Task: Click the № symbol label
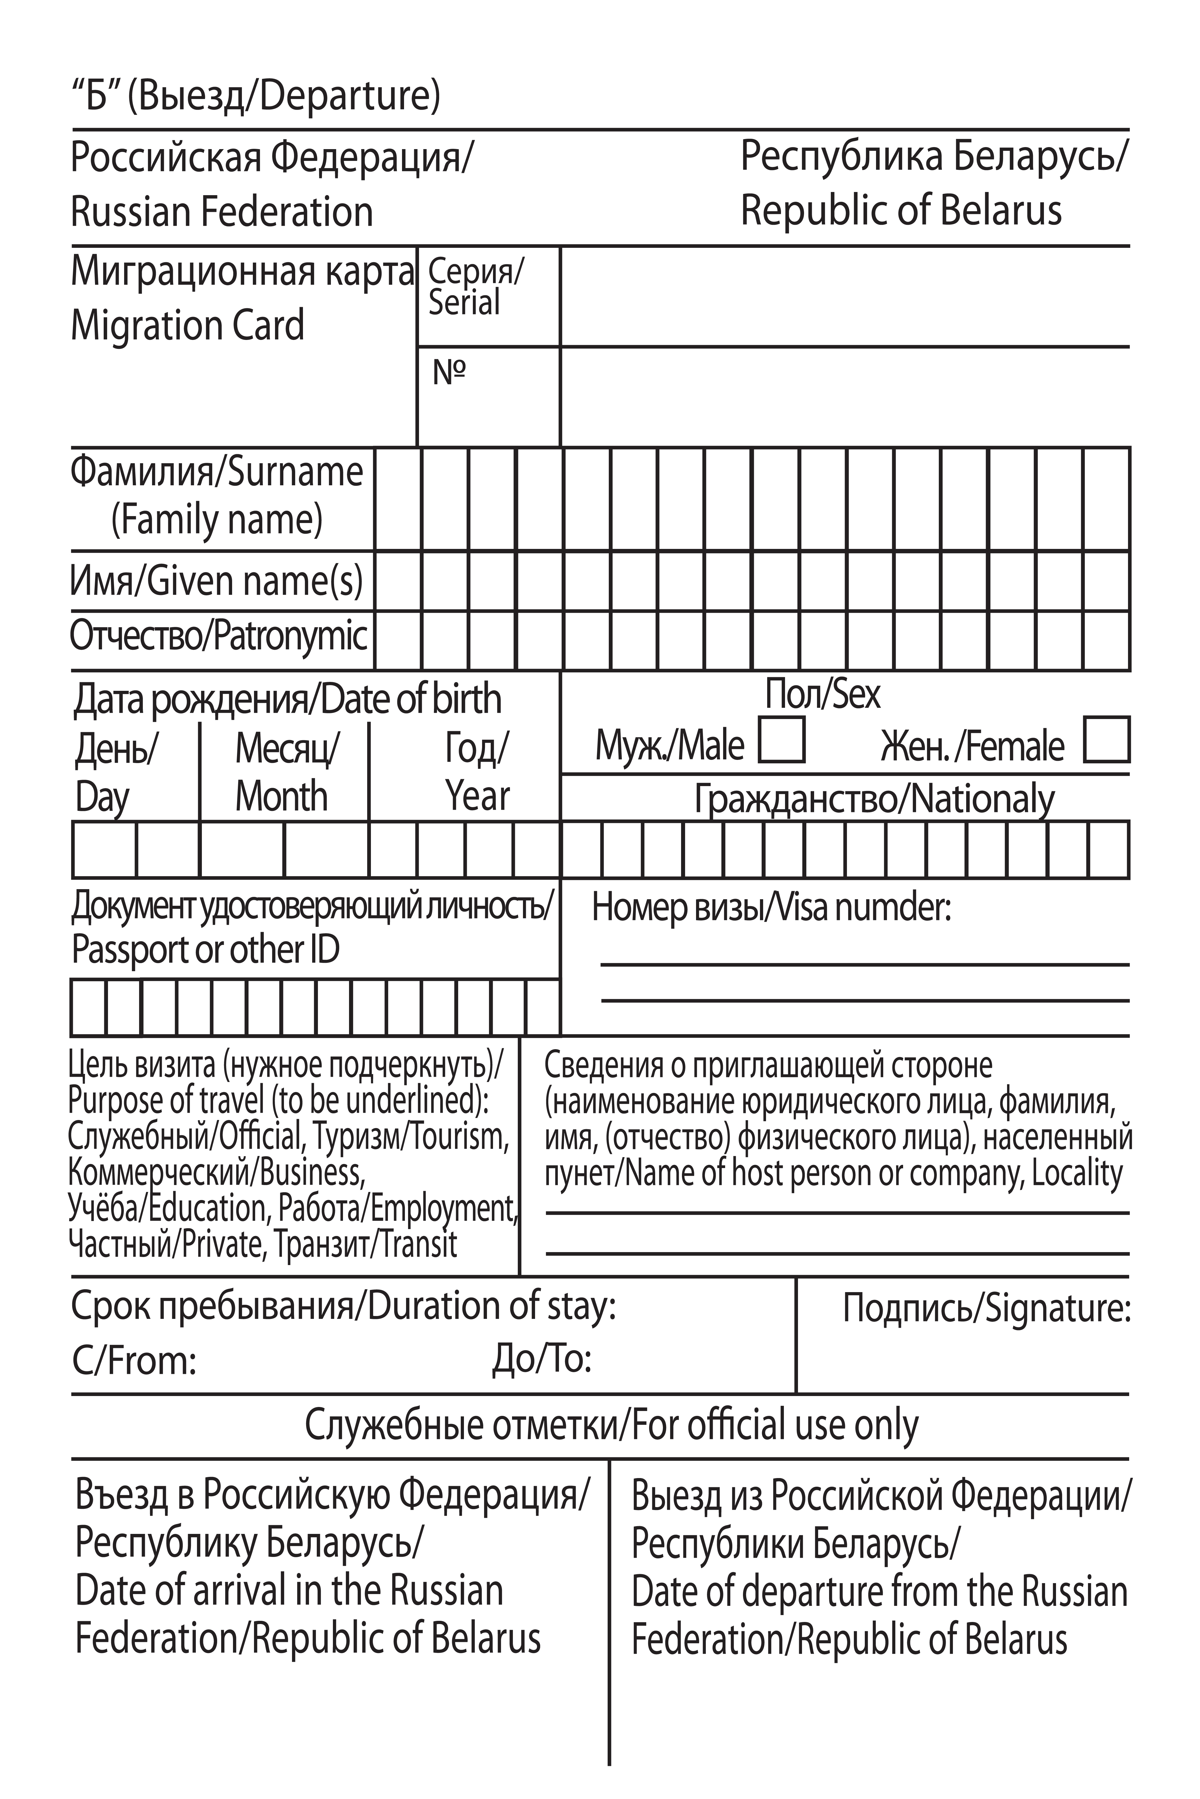point(449,372)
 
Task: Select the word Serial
point(464,303)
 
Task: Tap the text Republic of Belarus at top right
point(901,210)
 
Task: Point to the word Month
point(281,797)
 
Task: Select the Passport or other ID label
point(205,950)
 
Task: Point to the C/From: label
point(134,1361)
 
